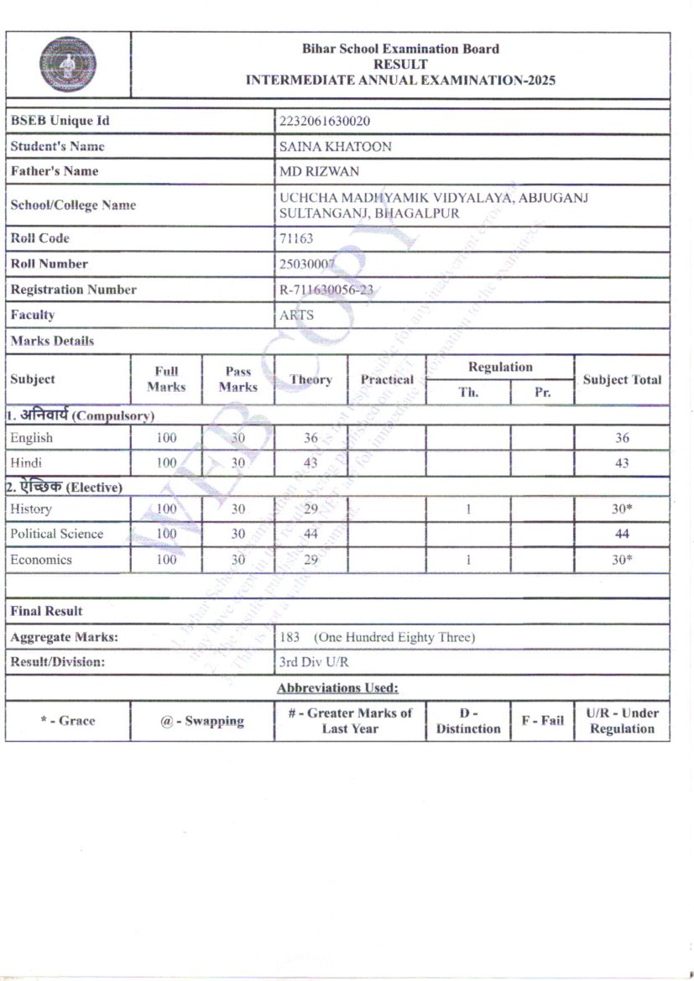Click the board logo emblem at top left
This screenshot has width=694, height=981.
(67, 65)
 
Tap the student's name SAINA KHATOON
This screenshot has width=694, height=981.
(335, 147)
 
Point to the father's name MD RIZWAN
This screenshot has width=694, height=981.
(319, 172)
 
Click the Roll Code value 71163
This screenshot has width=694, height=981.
(296, 238)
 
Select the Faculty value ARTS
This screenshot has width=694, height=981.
(296, 316)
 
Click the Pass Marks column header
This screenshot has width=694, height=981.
(238, 379)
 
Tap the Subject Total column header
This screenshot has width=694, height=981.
(622, 379)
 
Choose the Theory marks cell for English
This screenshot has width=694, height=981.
(311, 438)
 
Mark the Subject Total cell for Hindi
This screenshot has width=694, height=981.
(622, 463)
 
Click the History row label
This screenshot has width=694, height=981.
(31, 509)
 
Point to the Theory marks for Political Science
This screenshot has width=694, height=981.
(311, 534)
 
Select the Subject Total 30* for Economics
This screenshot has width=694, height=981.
(622, 560)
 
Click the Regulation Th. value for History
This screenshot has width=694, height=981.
(468, 509)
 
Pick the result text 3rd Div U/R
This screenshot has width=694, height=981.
(314, 662)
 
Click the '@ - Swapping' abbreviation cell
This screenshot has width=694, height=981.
(202, 721)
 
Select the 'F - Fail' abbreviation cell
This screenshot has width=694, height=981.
(542, 721)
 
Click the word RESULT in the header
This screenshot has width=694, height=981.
(400, 65)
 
